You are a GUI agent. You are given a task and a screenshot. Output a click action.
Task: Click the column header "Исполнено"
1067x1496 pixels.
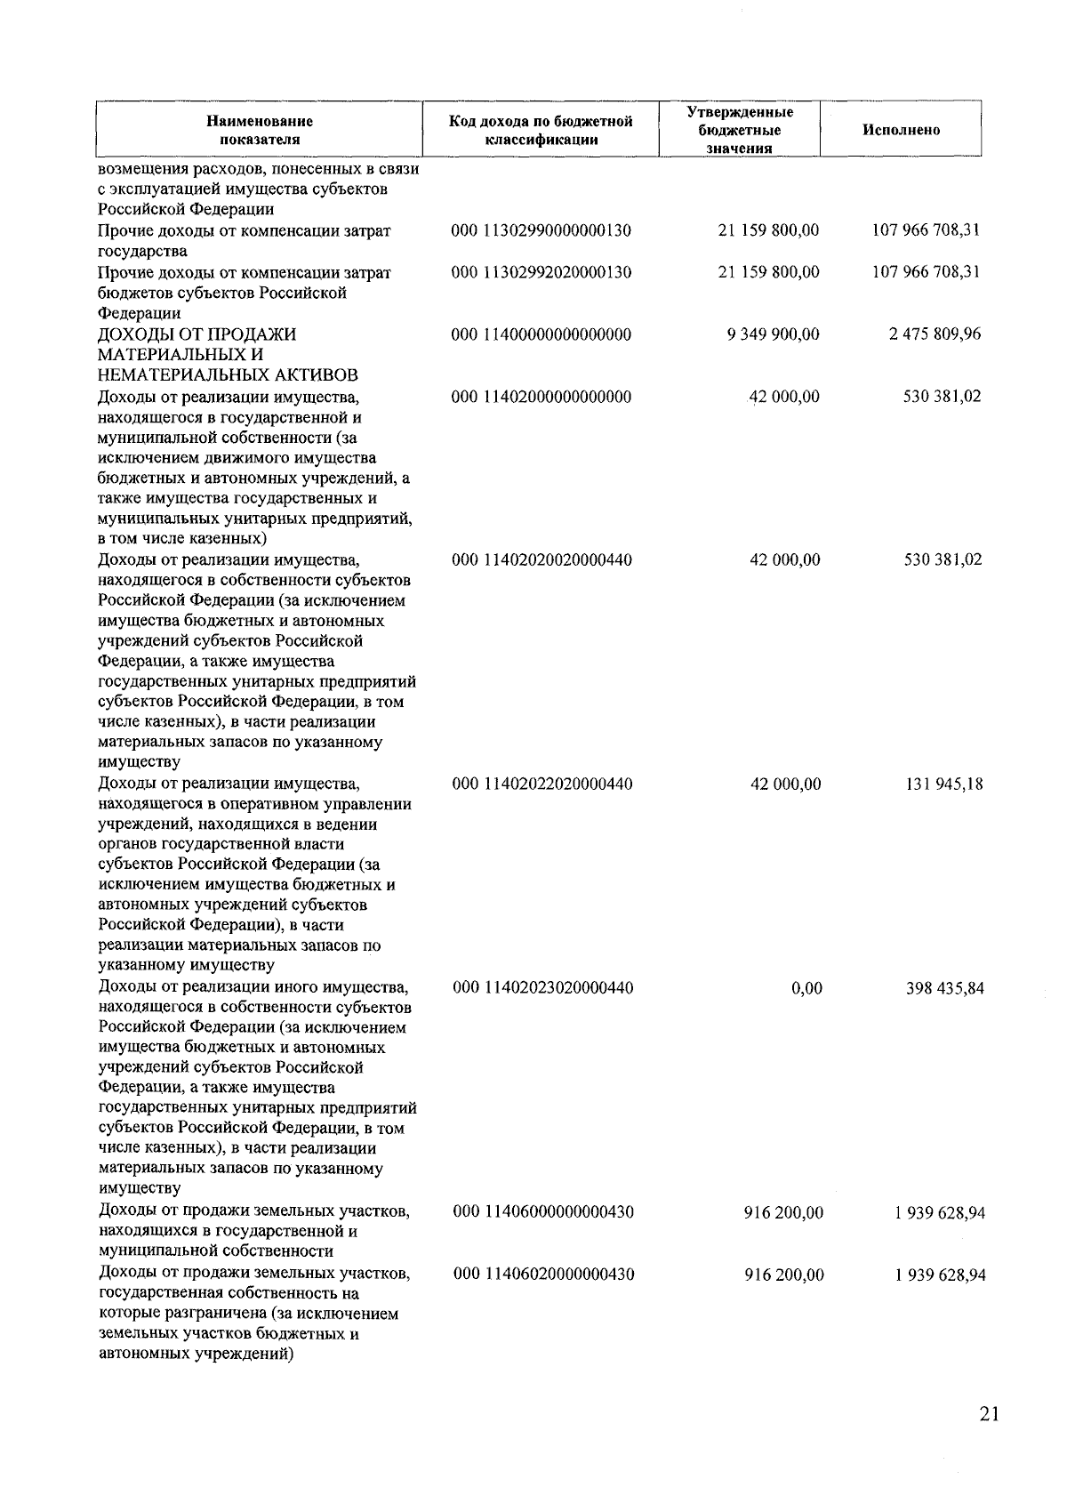[x=901, y=130]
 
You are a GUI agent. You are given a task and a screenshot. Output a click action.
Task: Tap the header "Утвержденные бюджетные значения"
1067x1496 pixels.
[x=740, y=130]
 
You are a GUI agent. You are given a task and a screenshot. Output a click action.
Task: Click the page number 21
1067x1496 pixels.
[x=989, y=1415]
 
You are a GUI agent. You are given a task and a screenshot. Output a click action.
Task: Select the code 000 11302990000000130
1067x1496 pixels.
[x=542, y=231]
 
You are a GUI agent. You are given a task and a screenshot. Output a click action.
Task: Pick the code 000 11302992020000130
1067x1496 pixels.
[x=542, y=272]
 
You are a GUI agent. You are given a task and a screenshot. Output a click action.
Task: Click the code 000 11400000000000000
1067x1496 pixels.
[x=542, y=334]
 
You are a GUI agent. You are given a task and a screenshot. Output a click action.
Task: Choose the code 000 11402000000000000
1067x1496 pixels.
[x=542, y=397]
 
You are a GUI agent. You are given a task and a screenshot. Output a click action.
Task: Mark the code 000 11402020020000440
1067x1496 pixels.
[x=542, y=560]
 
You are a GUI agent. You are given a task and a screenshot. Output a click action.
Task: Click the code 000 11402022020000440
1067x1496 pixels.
[x=542, y=784]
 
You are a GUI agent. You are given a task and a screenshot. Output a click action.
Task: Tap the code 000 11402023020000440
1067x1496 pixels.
[x=543, y=987]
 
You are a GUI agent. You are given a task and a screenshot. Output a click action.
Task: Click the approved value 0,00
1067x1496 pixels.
[x=806, y=988]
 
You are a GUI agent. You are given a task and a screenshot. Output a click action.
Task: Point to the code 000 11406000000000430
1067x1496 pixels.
[x=543, y=1212]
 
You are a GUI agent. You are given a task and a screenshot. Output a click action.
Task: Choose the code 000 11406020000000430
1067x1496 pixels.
[x=543, y=1275]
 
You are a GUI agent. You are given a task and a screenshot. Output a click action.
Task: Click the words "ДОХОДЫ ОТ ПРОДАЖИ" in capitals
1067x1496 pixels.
[x=197, y=334]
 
